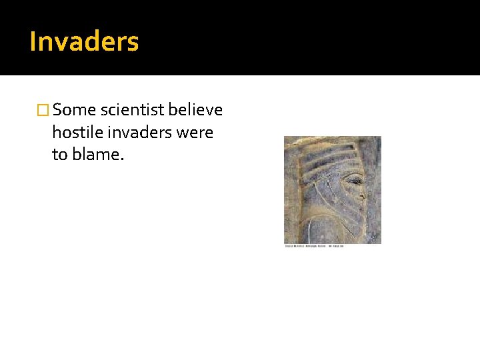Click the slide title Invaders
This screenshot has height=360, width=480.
click(x=84, y=41)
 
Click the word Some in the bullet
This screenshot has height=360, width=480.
click(x=75, y=110)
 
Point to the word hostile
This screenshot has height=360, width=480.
click(x=77, y=133)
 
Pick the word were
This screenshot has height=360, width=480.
click(x=195, y=133)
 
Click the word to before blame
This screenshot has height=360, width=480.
click(x=59, y=155)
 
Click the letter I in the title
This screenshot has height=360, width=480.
click(x=33, y=41)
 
